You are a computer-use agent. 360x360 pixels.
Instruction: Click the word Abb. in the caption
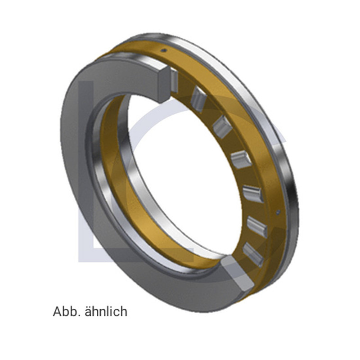(66, 311)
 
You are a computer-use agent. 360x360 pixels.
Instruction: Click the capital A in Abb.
(57, 311)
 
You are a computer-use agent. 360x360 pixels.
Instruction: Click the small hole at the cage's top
(165, 50)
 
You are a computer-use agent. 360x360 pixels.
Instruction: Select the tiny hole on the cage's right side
(279, 211)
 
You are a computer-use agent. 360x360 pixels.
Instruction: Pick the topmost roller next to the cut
(174, 81)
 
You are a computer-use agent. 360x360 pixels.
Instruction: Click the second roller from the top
(198, 99)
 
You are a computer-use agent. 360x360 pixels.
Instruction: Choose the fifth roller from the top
(253, 194)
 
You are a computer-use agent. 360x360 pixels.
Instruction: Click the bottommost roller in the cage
(253, 254)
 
